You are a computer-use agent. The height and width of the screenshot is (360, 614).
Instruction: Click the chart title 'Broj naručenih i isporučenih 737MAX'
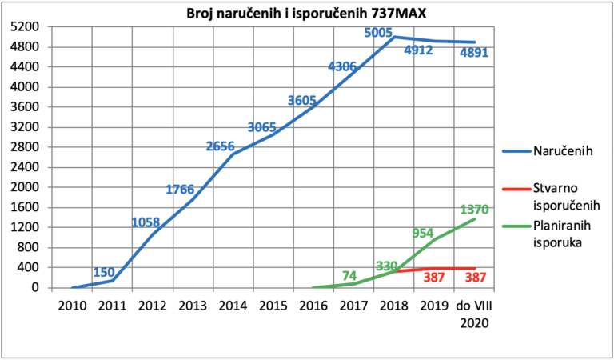(x=307, y=13)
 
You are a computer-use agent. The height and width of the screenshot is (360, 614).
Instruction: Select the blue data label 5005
(x=378, y=33)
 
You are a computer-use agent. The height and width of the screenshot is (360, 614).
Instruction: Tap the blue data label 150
(x=104, y=272)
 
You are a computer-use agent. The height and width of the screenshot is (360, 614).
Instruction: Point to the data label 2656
(x=221, y=146)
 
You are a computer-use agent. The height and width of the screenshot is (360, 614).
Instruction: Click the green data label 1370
(x=474, y=210)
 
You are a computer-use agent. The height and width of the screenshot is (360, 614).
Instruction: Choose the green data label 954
(x=422, y=233)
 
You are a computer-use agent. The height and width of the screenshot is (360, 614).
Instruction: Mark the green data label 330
(x=387, y=266)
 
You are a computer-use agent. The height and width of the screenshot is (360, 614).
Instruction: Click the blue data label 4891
(x=474, y=52)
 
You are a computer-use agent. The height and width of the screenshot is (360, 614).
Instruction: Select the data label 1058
(x=146, y=222)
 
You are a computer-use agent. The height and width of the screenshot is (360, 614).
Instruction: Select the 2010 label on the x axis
(x=72, y=306)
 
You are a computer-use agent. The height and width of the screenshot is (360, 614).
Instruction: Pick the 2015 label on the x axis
(x=273, y=306)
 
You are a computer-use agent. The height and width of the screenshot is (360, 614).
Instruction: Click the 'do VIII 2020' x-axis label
(x=474, y=314)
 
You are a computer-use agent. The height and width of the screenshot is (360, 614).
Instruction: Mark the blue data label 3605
(x=302, y=101)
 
